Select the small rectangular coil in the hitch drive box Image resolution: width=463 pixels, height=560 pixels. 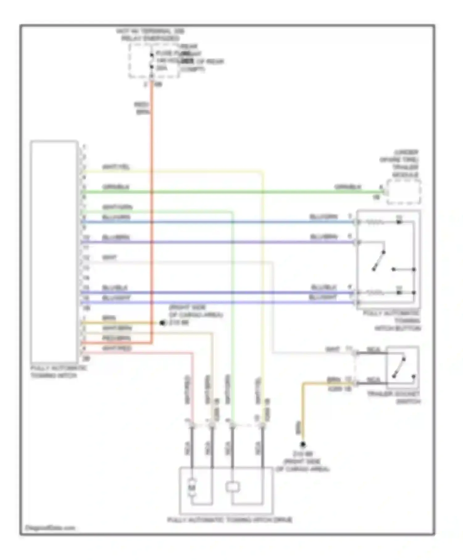[232, 487]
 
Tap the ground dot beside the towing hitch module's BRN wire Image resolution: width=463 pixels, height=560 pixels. [162, 323]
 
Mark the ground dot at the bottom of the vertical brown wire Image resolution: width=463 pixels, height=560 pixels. [303, 444]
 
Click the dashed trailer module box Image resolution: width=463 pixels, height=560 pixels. [404, 192]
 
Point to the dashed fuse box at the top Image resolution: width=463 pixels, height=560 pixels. [154, 61]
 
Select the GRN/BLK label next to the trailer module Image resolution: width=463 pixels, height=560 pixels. [348, 187]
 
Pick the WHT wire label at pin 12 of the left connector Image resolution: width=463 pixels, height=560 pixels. [109, 257]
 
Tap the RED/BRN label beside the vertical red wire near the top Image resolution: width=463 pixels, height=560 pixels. [142, 108]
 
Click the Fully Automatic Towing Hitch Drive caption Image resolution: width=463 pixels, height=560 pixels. [230, 520]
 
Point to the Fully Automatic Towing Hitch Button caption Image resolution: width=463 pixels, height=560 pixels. [392, 321]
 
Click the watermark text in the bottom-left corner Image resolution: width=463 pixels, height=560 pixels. [50, 528]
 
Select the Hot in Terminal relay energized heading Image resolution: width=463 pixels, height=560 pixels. [150, 35]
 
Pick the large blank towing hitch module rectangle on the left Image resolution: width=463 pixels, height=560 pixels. [54, 252]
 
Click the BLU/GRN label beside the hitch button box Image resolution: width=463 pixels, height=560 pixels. [323, 217]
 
